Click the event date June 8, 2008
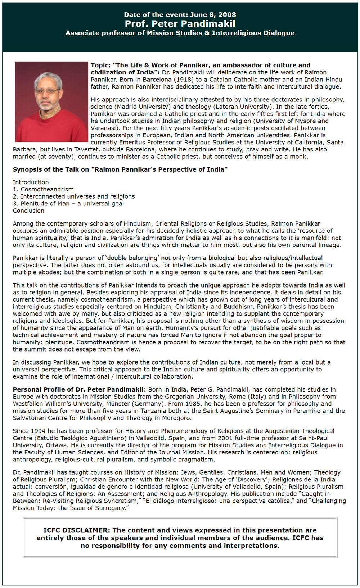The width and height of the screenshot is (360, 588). click(x=213, y=15)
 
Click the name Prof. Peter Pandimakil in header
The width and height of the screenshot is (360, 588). click(x=180, y=24)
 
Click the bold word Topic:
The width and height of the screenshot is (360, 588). click(x=100, y=65)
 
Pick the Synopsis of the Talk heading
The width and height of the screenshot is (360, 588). click(x=120, y=169)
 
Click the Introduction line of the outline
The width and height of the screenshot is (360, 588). click(x=31, y=182)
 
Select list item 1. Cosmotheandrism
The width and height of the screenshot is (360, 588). click(x=43, y=189)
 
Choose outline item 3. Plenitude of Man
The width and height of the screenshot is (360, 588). click(x=68, y=204)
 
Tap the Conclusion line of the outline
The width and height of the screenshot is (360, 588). click(x=28, y=211)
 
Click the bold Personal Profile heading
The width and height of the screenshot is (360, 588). click(x=78, y=389)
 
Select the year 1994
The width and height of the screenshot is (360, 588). click(x=37, y=431)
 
